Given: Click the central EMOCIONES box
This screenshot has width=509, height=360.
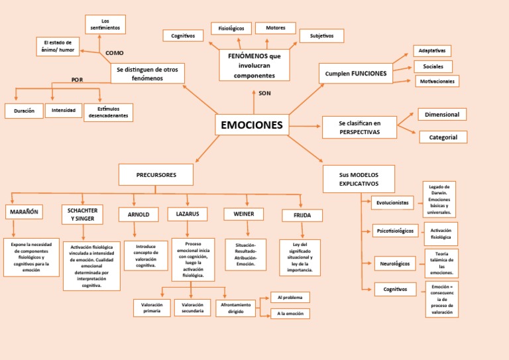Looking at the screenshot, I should [x=251, y=125].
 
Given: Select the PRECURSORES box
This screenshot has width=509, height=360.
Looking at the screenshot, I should [x=156, y=175].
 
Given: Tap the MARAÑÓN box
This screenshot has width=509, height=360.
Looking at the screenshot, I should [x=24, y=212].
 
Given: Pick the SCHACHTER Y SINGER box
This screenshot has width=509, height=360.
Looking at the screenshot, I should [x=82, y=214].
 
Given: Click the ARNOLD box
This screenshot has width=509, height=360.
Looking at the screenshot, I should [x=139, y=214].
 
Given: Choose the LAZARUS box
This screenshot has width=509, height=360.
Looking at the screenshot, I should [x=188, y=213].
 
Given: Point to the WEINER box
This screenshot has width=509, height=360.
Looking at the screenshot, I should [x=243, y=214].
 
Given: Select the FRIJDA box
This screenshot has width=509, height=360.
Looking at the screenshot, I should [x=302, y=215].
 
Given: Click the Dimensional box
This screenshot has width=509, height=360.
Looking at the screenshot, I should [x=442, y=115].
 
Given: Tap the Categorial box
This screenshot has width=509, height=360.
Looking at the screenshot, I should [x=443, y=137].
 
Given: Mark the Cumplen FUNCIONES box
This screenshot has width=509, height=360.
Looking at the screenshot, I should [x=355, y=74].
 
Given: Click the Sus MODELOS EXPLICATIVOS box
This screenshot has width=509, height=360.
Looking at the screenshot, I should [x=359, y=179].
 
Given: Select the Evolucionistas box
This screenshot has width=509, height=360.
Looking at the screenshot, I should [x=393, y=203].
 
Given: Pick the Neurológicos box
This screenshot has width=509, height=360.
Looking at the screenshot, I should [x=395, y=264].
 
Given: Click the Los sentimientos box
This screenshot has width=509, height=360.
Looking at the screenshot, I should [x=105, y=25].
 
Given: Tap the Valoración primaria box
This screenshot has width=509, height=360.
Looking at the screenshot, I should [x=152, y=308].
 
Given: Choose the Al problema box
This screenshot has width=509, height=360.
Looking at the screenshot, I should [x=290, y=298].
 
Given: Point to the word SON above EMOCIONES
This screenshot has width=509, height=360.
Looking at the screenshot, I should [x=264, y=93].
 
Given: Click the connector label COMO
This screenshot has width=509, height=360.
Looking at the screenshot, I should [x=114, y=53].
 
